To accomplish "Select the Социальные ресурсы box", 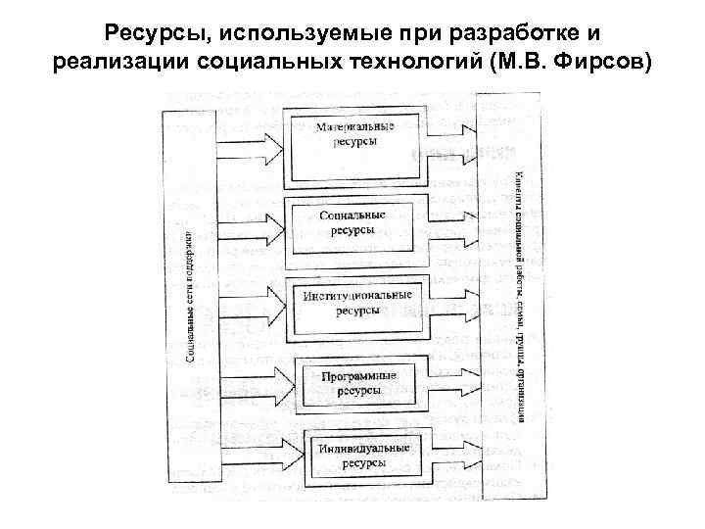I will (x=352, y=222).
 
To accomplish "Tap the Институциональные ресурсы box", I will (x=352, y=303).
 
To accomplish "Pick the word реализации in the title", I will (x=107, y=65).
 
